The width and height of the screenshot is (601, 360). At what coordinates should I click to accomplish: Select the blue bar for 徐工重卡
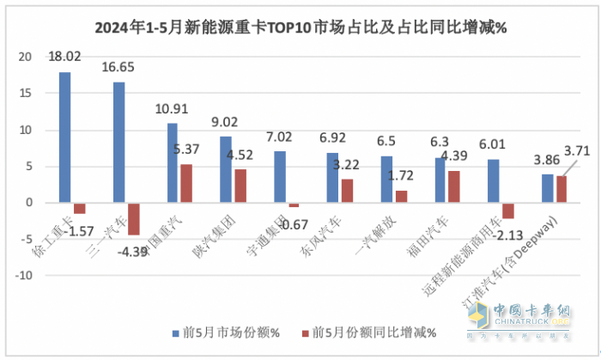(x=65, y=137)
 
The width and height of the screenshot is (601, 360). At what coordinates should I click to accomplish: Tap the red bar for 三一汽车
(x=133, y=218)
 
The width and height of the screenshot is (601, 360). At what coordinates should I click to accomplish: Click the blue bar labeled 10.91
(x=173, y=163)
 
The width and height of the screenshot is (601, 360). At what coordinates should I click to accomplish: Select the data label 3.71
(x=576, y=152)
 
